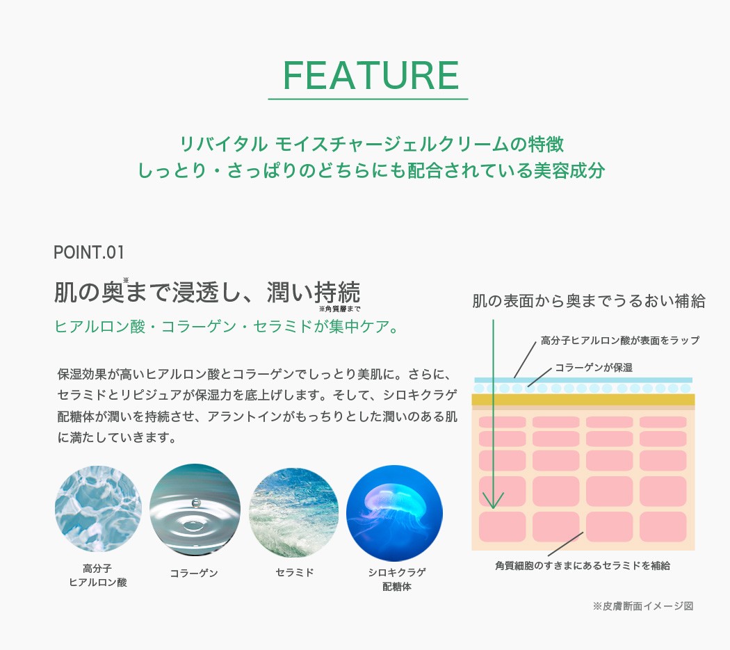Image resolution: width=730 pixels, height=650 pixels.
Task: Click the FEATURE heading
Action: [x=371, y=76]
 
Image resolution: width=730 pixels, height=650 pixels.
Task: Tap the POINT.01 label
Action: [x=89, y=253]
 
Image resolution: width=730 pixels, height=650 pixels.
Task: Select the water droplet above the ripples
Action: [x=195, y=503]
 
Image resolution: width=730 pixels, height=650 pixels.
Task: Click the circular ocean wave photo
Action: [x=294, y=512]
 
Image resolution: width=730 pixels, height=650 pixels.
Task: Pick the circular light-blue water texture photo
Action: [x=98, y=509]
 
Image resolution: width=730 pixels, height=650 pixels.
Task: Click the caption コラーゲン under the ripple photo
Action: [x=194, y=573]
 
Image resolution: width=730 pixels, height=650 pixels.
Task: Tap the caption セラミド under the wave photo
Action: [x=295, y=572]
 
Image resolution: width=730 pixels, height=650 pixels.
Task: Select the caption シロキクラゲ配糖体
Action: [x=397, y=579]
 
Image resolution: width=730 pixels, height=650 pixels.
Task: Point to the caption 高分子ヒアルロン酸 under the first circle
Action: [x=98, y=575]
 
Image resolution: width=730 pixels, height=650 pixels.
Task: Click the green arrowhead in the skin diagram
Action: [x=493, y=501]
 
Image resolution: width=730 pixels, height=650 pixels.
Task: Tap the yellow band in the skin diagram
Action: [x=583, y=400]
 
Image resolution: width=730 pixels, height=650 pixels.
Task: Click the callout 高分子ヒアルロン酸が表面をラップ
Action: [x=619, y=341]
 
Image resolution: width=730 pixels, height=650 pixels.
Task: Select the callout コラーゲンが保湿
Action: [x=594, y=367]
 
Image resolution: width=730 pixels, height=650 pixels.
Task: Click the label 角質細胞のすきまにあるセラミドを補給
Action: [x=583, y=565]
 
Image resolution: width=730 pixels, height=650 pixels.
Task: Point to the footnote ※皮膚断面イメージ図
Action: [x=643, y=606]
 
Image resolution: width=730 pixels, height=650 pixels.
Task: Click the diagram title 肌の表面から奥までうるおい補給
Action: [x=588, y=301]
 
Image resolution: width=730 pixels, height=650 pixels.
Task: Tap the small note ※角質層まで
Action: [x=340, y=309]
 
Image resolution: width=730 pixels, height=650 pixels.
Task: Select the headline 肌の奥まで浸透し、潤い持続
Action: [x=207, y=292]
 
